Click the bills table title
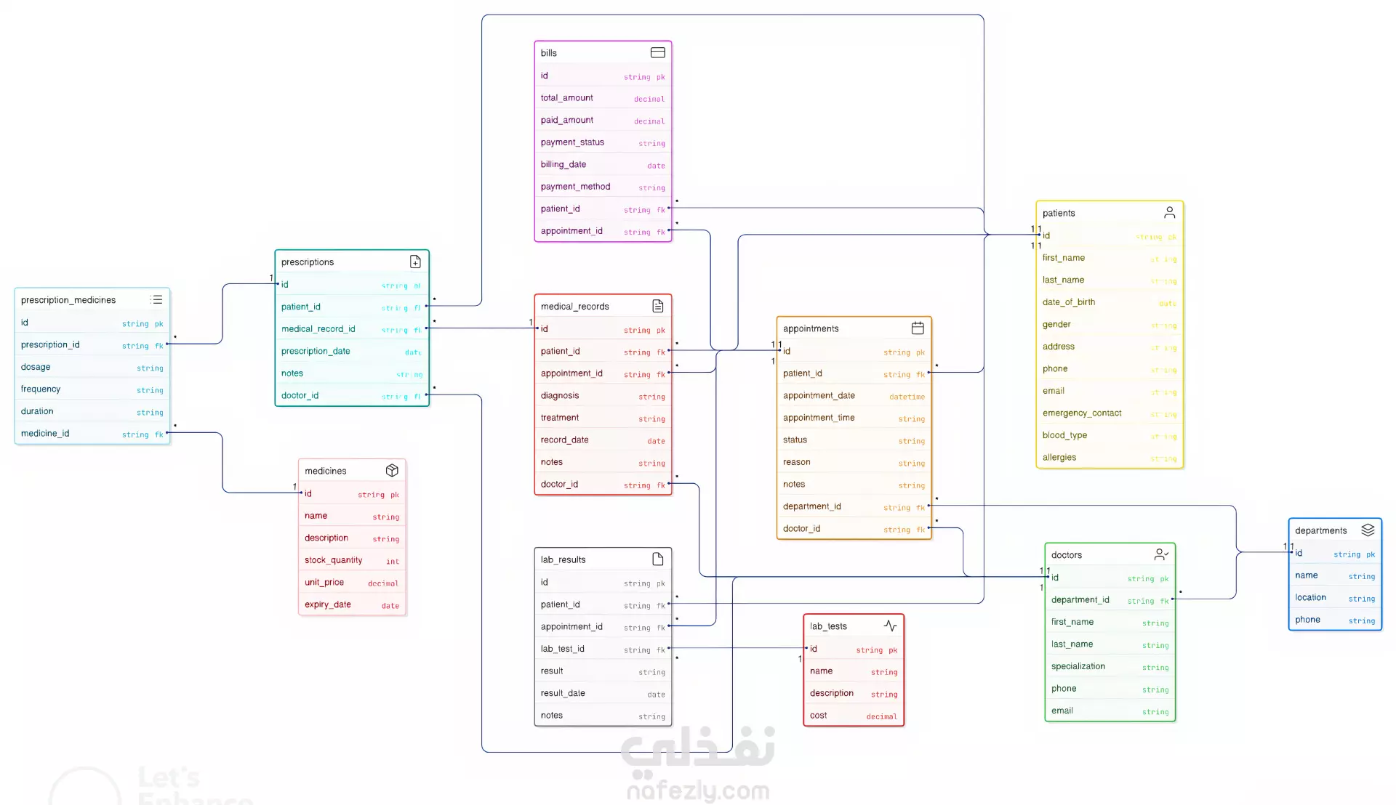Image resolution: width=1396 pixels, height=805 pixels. point(549,53)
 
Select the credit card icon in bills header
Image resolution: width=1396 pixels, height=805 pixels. point(657,52)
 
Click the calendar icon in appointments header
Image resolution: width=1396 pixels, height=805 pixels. point(918,328)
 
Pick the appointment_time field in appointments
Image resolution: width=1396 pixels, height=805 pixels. point(819,418)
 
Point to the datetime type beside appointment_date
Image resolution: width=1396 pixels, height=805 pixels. point(907,397)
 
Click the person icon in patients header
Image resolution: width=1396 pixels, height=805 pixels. point(1169,212)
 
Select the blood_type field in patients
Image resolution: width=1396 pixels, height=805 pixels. point(1064,435)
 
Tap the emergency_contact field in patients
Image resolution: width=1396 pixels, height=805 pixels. point(1082,413)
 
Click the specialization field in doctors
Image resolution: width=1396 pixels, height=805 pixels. point(1078,666)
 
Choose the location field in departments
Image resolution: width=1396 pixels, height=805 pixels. point(1310,597)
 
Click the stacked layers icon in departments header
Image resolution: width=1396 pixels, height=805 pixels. point(1368,530)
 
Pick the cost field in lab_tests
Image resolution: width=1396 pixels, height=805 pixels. point(819,716)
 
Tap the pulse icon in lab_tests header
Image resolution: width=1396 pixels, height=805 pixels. point(890,626)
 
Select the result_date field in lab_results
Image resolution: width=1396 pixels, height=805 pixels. point(563,693)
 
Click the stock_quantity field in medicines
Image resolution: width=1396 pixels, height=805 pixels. point(333,560)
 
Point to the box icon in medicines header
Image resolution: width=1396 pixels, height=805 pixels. point(392,470)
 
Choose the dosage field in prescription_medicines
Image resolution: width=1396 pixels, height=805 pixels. point(36,368)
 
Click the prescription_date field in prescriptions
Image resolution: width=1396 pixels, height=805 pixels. point(316,352)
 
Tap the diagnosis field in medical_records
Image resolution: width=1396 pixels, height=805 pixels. point(560,396)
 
